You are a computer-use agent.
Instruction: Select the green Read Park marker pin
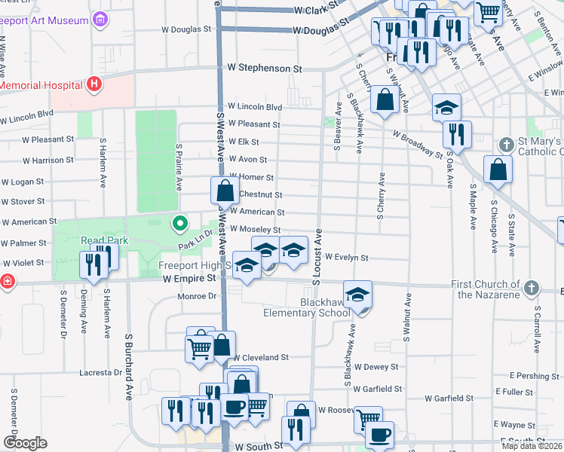click(x=179, y=223)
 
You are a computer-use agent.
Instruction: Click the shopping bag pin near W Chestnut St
click(x=225, y=191)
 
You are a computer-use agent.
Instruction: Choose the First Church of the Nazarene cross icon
click(x=532, y=288)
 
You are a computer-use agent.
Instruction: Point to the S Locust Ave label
click(x=317, y=256)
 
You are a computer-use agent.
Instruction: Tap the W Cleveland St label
click(x=261, y=358)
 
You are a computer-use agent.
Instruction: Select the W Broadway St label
click(x=417, y=144)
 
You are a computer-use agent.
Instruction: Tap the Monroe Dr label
click(x=197, y=297)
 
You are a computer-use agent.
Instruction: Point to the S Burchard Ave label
click(x=128, y=369)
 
